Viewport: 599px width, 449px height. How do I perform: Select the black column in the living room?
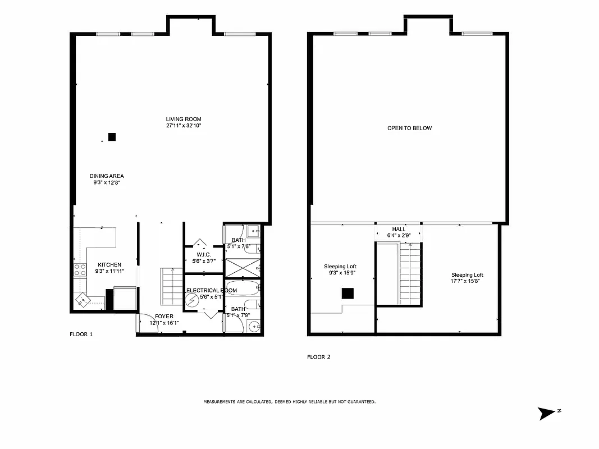click(x=112, y=136)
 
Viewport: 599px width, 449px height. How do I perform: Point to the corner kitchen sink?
click(x=83, y=300)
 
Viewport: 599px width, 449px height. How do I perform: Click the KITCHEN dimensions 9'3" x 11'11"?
click(x=109, y=272)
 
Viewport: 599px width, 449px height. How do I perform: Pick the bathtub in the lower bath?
click(x=242, y=291)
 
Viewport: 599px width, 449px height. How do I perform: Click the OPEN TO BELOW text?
click(x=409, y=129)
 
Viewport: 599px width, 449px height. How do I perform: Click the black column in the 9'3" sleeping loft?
click(x=347, y=292)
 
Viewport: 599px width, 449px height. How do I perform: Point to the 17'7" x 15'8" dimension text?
click(x=467, y=281)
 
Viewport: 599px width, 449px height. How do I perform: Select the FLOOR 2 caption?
click(x=318, y=357)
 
